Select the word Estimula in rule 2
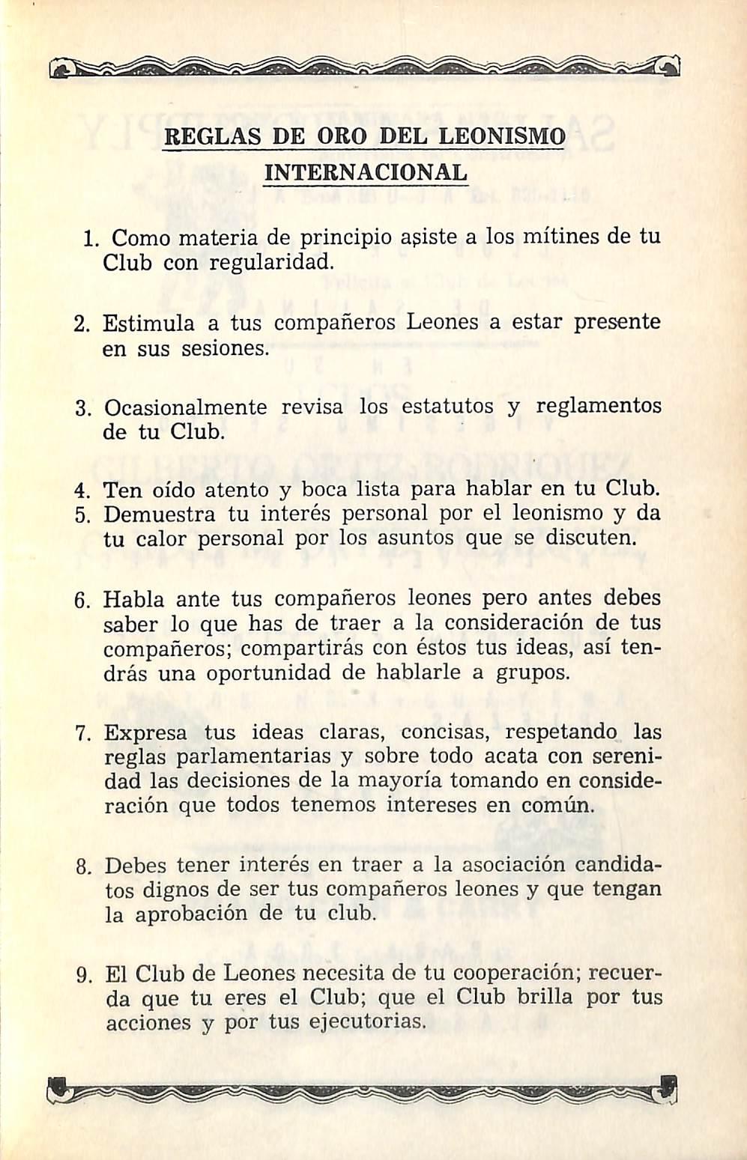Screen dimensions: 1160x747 (148, 323)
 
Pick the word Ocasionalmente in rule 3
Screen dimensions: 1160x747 (185, 408)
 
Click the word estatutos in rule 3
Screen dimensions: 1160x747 (448, 407)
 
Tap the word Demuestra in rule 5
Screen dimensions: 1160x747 (159, 515)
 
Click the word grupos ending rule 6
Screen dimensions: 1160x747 (533, 673)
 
